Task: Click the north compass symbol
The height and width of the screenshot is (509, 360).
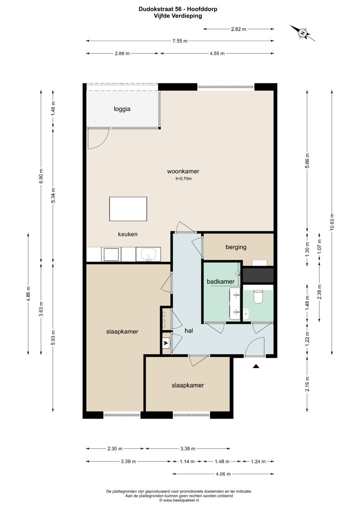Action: [x=303, y=33]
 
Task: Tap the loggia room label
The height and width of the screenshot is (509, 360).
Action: [x=122, y=109]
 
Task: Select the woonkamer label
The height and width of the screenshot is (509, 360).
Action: [x=183, y=171]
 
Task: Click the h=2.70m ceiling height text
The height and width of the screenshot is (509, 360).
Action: [x=183, y=179]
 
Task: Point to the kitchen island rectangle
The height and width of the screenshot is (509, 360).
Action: [x=128, y=209]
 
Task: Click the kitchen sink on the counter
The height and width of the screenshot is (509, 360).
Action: [x=148, y=254]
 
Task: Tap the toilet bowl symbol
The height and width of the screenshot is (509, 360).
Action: [x=258, y=297]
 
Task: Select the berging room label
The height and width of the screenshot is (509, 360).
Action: [x=236, y=247]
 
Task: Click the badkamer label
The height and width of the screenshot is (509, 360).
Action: [x=220, y=282]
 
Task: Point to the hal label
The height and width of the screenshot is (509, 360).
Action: [x=189, y=331]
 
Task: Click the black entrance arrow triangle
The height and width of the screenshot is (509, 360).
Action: [x=256, y=366]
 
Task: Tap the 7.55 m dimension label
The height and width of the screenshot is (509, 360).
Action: [x=180, y=41]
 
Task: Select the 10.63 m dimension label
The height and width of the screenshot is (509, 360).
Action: [x=332, y=222]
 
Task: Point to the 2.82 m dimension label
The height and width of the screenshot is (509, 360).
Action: [x=238, y=29]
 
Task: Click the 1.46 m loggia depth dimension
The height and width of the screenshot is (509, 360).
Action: [x=53, y=108]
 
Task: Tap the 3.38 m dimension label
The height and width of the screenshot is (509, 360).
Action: [x=188, y=449]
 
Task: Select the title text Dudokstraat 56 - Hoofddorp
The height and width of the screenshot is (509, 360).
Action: [x=178, y=9]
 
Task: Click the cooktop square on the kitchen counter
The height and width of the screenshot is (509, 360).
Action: [x=111, y=255]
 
